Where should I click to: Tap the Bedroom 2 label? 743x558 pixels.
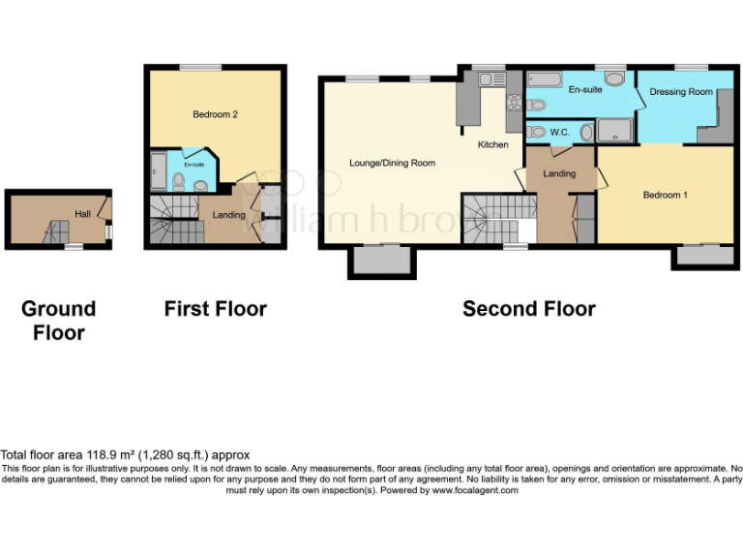[215, 114]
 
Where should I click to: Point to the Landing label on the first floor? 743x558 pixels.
[228, 214]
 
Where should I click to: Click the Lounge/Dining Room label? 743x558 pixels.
[392, 163]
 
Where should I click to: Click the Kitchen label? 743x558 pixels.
[492, 145]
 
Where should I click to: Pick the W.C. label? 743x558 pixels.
[559, 132]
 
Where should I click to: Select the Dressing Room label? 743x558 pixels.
[681, 92]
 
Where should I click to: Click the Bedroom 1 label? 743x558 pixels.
[666, 195]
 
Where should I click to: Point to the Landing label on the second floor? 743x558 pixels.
[559, 174]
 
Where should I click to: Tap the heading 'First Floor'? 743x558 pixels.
[215, 309]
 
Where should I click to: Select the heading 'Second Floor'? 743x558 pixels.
[528, 309]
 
